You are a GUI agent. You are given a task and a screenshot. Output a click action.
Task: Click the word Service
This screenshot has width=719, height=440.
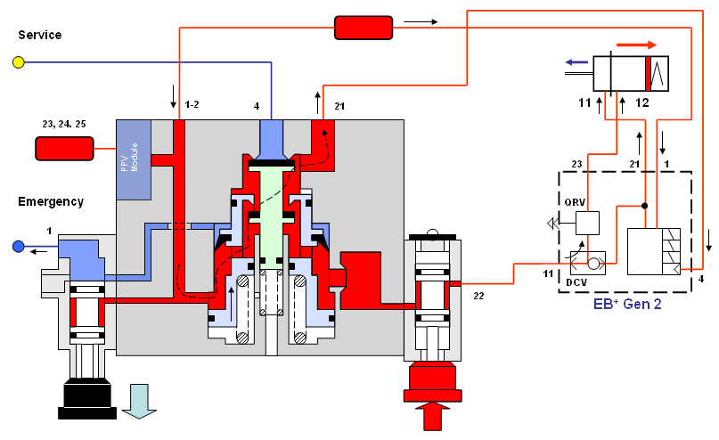40,35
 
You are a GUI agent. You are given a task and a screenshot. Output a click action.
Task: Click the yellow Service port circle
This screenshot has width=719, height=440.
17,62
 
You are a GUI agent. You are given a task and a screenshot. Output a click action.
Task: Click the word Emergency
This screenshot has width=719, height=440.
51,201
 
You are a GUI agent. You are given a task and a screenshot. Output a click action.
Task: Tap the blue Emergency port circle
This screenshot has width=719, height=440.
18,246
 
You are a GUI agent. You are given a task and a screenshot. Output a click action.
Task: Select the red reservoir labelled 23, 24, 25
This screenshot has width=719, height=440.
64,149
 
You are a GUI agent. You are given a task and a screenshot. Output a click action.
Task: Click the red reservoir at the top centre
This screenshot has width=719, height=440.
363,28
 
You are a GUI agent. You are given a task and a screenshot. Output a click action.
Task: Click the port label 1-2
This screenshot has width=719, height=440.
192,105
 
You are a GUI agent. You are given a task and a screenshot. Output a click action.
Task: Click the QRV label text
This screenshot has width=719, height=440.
573,201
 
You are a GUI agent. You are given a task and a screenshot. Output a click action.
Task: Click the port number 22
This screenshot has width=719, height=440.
478,295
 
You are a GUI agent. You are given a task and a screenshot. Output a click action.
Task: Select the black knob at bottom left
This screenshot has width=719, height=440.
87,396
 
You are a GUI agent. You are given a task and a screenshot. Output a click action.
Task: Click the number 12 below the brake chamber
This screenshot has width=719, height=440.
642,103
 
